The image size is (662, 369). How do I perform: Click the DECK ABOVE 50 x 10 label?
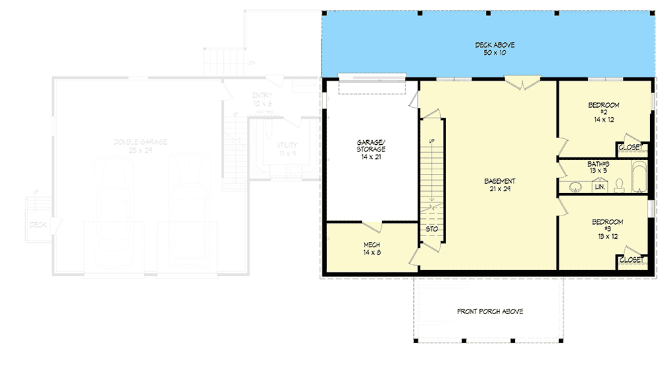495,48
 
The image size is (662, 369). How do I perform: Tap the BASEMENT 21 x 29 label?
500,185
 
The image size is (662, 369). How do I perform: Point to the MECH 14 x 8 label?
371,248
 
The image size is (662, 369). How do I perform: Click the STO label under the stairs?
432,229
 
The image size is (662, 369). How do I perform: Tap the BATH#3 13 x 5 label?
598,167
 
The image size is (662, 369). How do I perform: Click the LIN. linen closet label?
600,187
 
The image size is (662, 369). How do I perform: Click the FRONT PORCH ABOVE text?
490,311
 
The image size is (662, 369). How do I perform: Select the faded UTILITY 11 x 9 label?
287,149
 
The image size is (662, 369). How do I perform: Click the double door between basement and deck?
522,82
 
